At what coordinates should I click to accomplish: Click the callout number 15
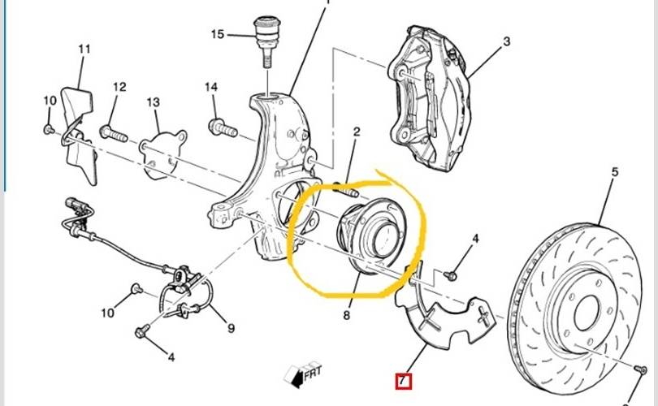click(x=217, y=34)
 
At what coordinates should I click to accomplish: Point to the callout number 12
click(x=119, y=87)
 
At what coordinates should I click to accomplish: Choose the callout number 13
click(x=154, y=102)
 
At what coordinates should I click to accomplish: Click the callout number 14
click(x=212, y=87)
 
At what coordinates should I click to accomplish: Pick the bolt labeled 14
click(x=222, y=127)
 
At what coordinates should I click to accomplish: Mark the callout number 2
click(x=356, y=132)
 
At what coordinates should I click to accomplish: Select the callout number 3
click(x=505, y=41)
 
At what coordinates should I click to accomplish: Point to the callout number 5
click(x=615, y=172)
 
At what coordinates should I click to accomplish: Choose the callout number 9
click(x=231, y=328)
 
